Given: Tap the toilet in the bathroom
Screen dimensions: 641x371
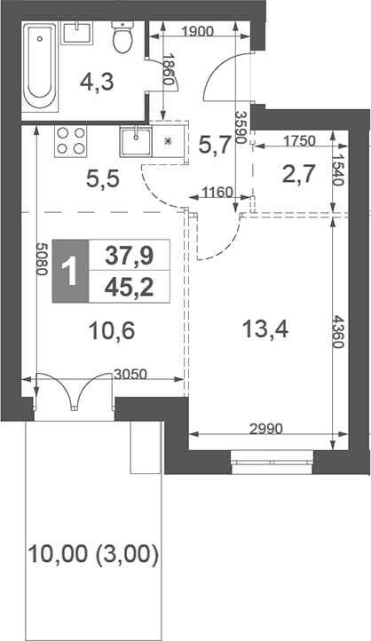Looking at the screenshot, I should (x=122, y=36).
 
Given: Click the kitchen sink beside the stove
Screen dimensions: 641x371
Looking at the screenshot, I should (x=137, y=140).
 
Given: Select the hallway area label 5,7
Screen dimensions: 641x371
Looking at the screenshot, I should (x=215, y=144).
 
